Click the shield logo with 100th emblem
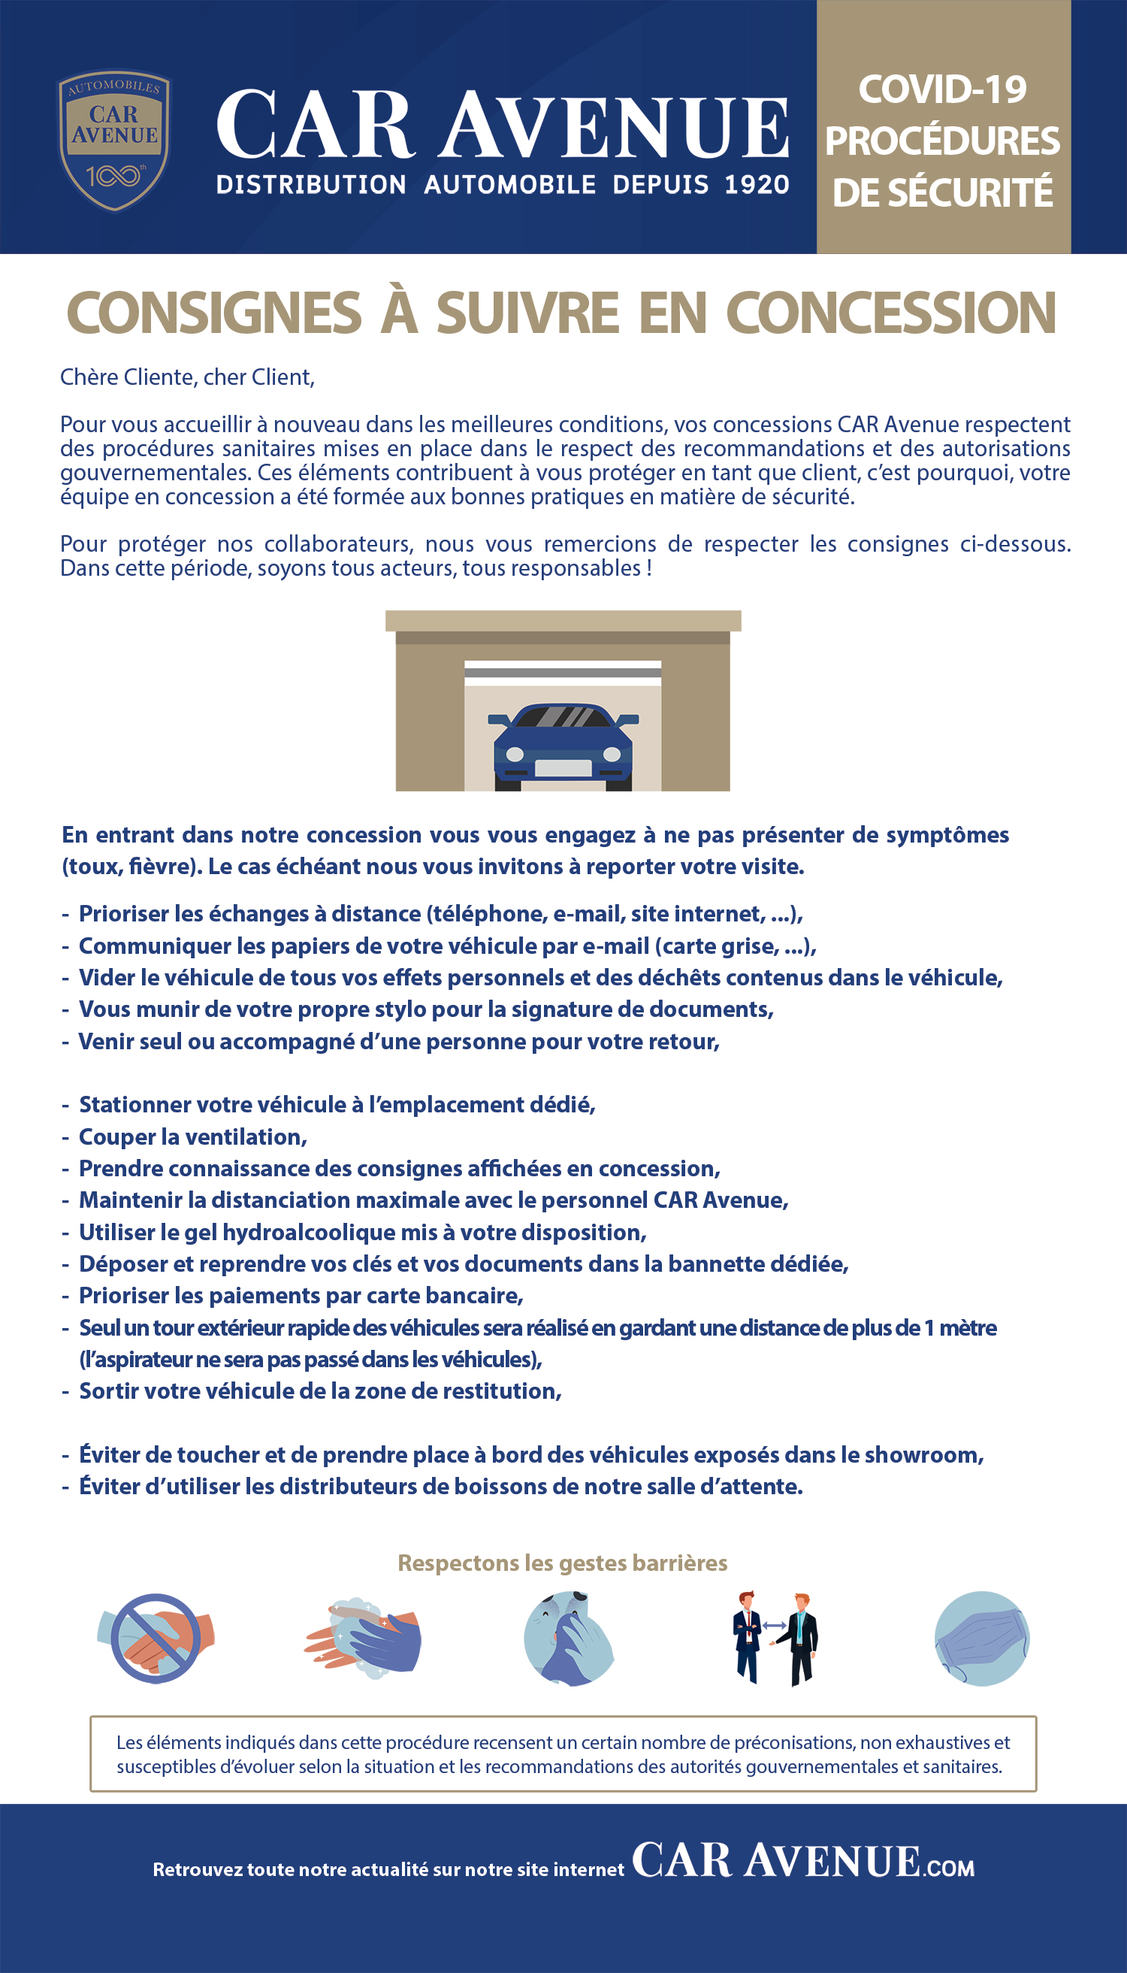pyautogui.click(x=113, y=140)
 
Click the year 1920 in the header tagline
pyautogui.click(x=757, y=185)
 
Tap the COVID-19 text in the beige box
pyautogui.click(x=942, y=90)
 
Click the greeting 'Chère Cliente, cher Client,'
pyautogui.click(x=187, y=377)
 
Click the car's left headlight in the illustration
pyautogui.click(x=514, y=754)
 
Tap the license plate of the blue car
pyautogui.click(x=563, y=768)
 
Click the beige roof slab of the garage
pyautogui.click(x=563, y=620)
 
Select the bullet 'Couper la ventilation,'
pyautogui.click(x=193, y=1136)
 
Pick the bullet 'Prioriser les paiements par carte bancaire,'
pyautogui.click(x=301, y=1296)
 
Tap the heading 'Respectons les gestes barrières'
pyautogui.click(x=563, y=1563)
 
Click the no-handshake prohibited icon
pyautogui.click(x=156, y=1639)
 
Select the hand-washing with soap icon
pyautogui.click(x=362, y=1639)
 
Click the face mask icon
pyautogui.click(x=981, y=1639)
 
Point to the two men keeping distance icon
pyautogui.click(x=775, y=1637)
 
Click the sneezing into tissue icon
pyautogui.click(x=568, y=1639)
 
